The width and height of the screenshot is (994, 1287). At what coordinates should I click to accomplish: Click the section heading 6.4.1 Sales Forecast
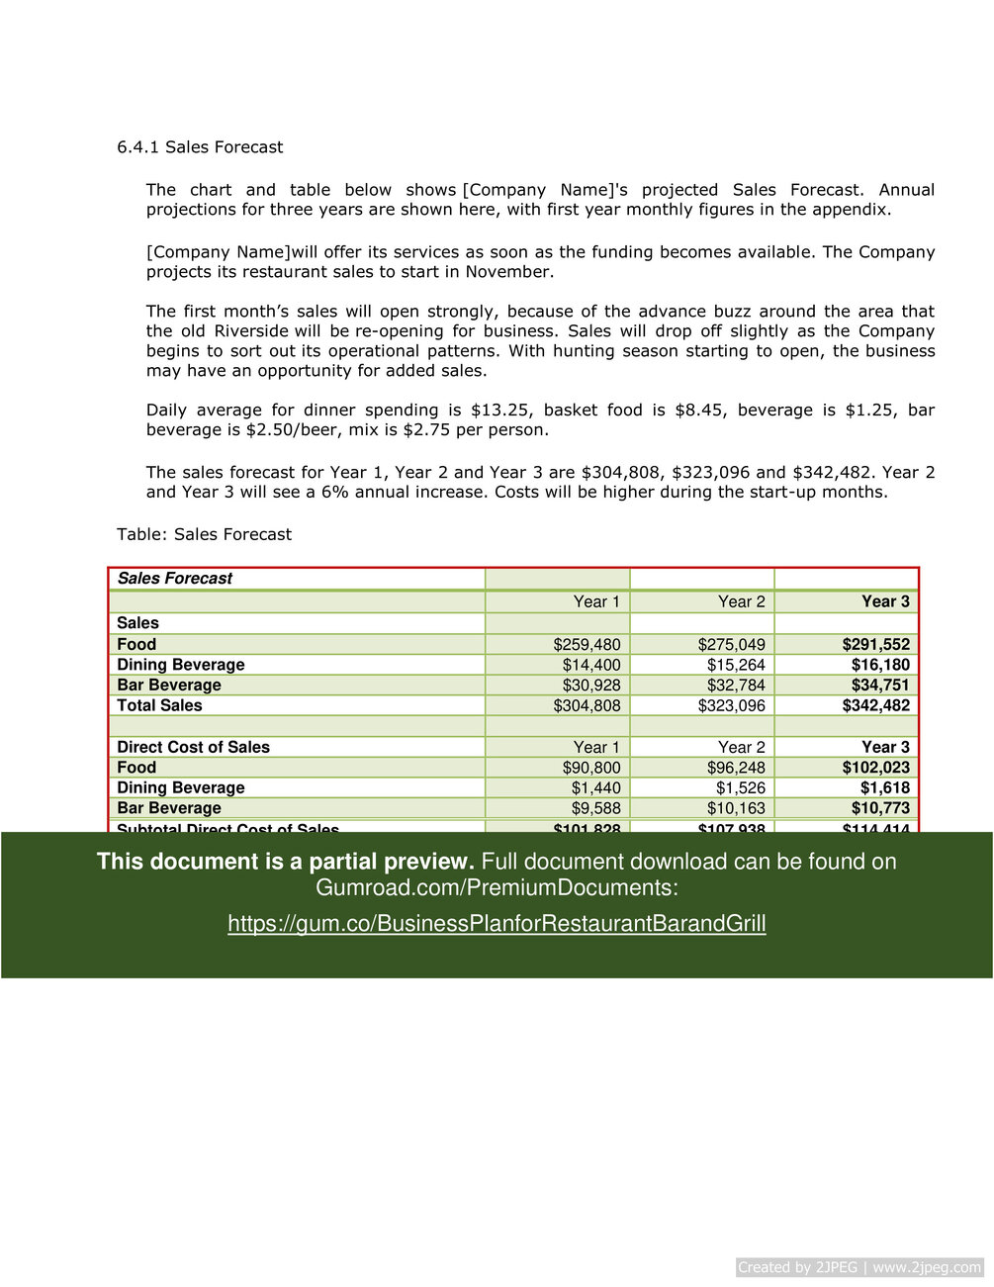200,147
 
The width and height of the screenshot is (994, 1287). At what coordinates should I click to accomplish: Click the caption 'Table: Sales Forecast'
204,534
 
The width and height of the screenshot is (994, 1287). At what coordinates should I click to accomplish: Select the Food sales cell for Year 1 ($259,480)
587,644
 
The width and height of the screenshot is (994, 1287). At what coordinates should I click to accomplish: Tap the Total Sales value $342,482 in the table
875,705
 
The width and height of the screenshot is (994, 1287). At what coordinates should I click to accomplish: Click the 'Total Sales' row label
159,705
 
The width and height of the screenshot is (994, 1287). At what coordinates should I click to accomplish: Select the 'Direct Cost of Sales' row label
193,747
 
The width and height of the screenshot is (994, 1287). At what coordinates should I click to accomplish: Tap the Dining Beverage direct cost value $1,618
884,787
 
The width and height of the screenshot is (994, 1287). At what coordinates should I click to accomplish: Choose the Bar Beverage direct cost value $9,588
595,808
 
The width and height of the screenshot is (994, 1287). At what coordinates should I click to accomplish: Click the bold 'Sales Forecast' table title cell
174,579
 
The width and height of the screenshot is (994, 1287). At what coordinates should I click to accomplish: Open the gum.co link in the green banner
497,924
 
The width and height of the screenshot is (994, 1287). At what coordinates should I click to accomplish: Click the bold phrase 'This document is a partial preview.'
285,862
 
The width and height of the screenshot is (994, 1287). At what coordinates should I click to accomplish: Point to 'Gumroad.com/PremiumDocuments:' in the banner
497,887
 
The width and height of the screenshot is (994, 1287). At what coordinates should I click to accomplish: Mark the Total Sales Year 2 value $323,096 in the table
731,705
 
